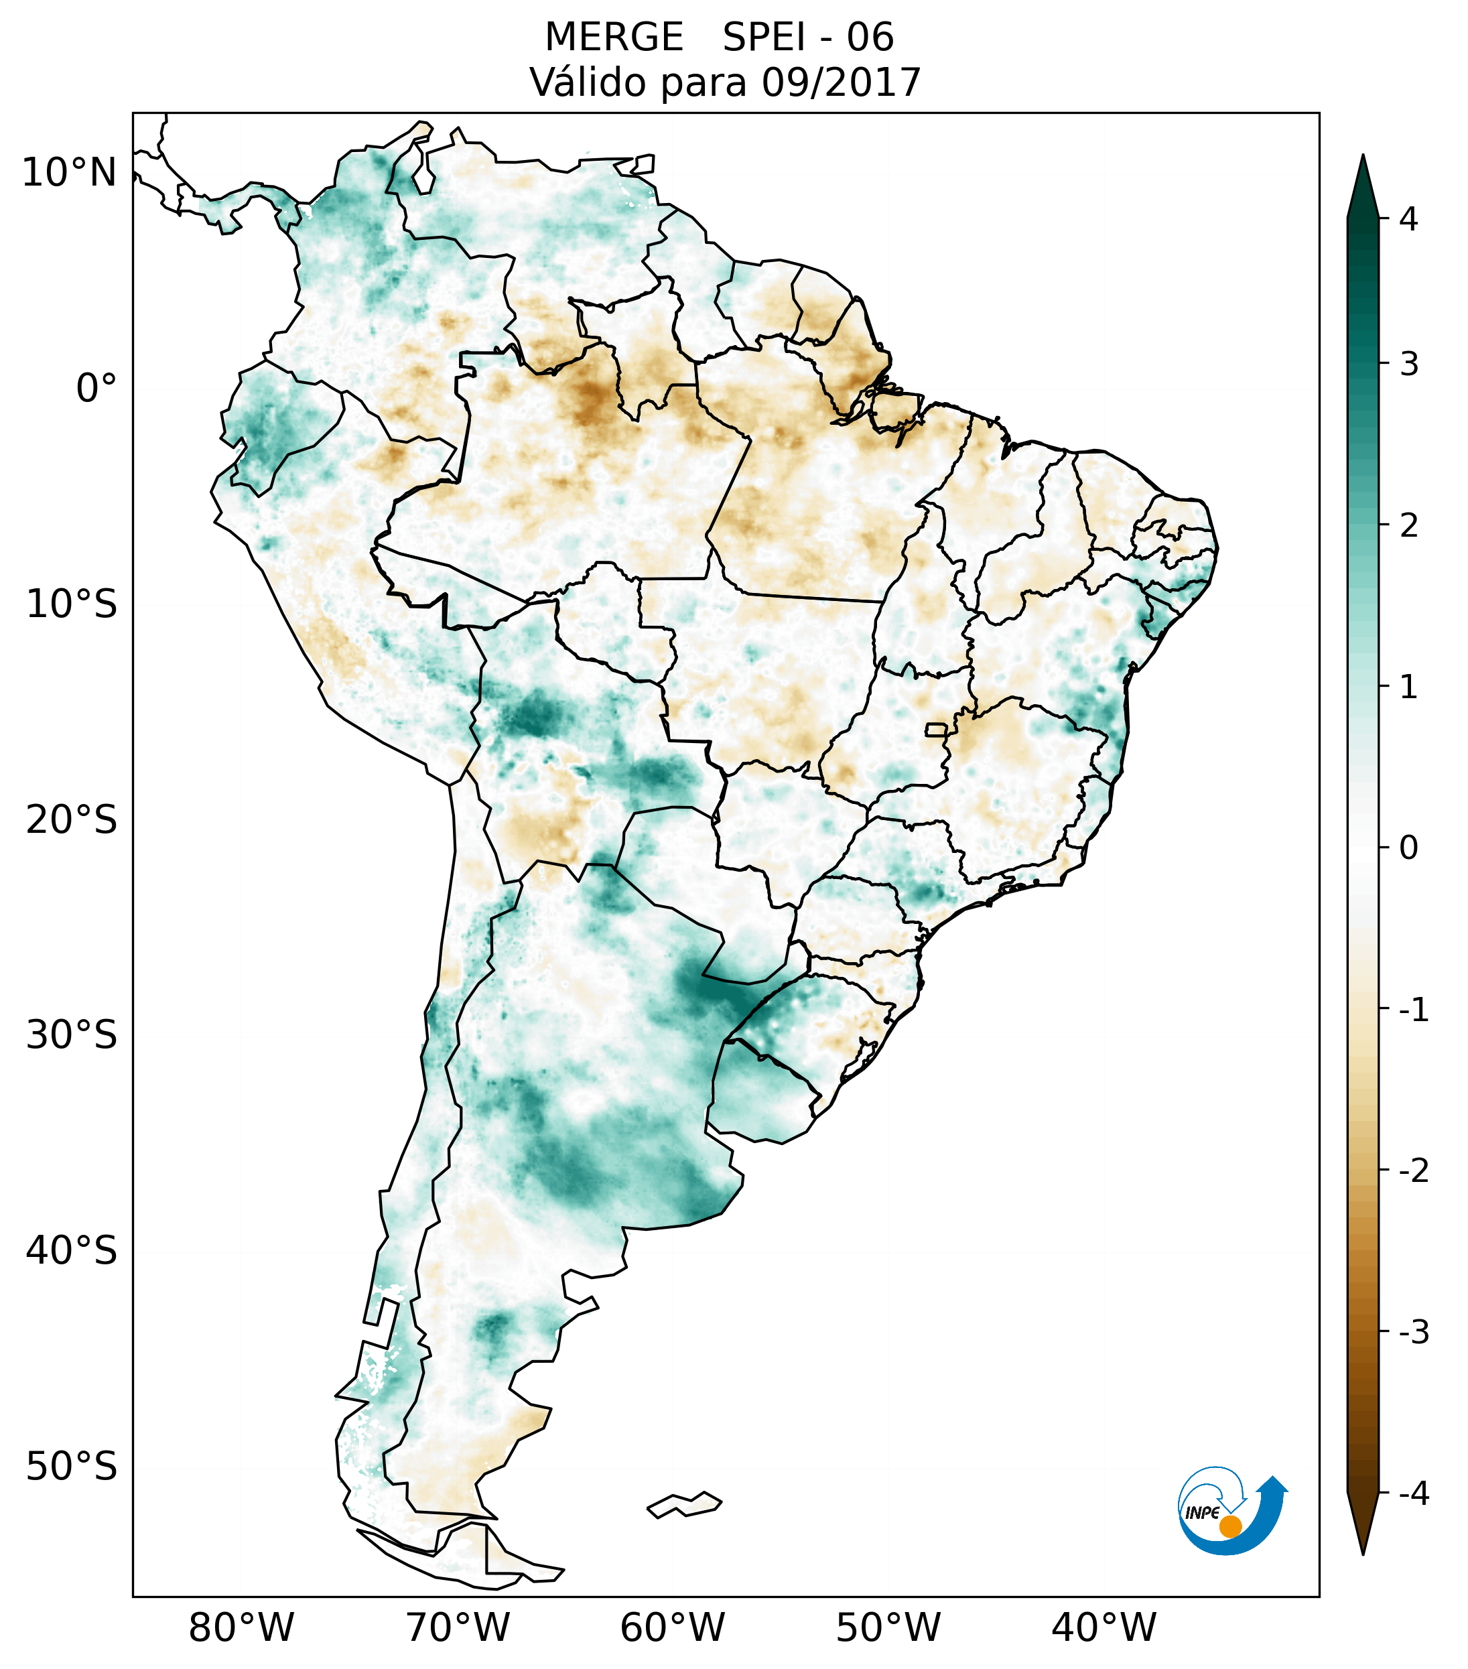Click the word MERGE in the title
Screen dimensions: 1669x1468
click(613, 38)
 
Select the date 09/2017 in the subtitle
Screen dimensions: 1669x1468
click(841, 82)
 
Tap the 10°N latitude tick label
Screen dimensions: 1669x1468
click(68, 173)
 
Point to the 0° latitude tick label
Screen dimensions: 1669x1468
click(96, 389)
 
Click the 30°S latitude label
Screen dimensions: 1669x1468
click(72, 1035)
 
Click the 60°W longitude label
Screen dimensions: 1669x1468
click(672, 1627)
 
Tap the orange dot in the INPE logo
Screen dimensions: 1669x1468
click(1230, 1526)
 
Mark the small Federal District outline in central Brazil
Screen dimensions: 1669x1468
click(937, 729)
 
